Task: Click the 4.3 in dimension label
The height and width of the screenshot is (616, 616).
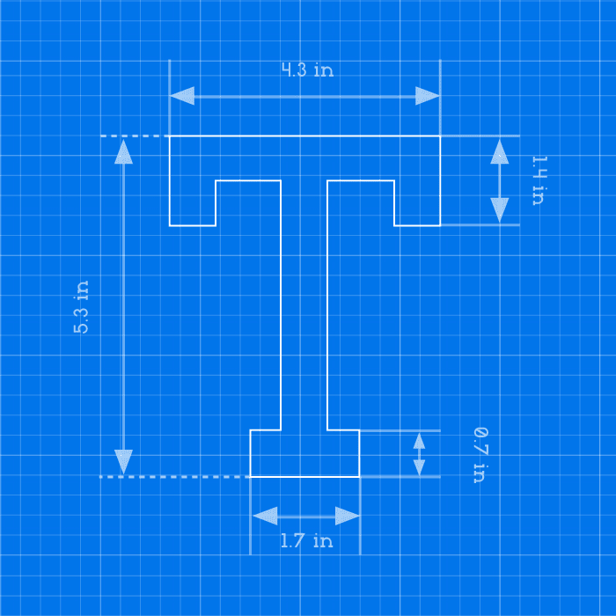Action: [308, 70]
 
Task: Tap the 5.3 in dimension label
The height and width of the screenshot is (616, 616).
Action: [81, 307]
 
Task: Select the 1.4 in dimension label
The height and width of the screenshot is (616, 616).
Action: [539, 180]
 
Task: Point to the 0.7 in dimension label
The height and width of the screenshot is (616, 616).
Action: [480, 455]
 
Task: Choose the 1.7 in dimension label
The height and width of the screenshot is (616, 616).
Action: [307, 540]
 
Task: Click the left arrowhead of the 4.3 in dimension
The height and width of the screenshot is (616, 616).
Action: [182, 96]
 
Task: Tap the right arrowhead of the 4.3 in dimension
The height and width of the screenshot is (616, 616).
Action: [428, 96]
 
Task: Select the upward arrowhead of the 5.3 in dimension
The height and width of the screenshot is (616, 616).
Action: [123, 151]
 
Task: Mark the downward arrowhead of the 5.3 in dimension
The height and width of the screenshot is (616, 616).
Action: [123, 462]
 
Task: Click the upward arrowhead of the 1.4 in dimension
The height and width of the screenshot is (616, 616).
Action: [499, 151]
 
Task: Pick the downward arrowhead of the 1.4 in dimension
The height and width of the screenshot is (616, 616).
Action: [499, 210]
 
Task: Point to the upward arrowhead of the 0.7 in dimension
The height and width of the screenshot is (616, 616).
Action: [419, 441]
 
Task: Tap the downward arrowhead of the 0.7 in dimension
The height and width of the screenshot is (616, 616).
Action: [419, 468]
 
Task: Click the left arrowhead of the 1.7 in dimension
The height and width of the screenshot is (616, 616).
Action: [265, 516]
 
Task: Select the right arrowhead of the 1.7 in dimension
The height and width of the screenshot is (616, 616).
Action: [348, 516]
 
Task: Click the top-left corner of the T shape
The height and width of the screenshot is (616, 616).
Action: [169, 136]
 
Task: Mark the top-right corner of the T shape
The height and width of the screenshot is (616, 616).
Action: [440, 136]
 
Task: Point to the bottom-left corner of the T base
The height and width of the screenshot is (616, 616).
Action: [250, 477]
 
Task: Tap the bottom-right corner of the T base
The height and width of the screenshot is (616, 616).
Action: [359, 477]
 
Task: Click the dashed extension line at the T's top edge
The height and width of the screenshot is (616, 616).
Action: [135, 136]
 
